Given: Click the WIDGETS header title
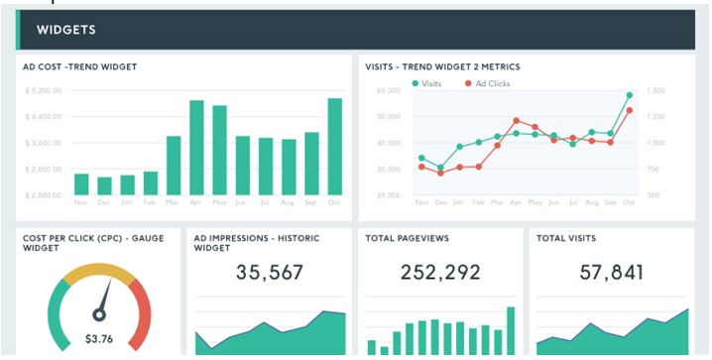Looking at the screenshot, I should coord(65,30).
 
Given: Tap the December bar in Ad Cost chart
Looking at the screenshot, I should coord(104,185).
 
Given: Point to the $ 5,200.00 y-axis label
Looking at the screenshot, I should coord(44,90).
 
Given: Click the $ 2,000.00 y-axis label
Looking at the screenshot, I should coord(44,195).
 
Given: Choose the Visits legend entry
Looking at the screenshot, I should coord(426,83).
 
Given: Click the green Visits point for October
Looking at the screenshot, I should coord(629,96).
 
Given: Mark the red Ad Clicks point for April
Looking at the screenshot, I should coord(516,121).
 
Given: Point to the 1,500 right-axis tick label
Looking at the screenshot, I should coord(655,90).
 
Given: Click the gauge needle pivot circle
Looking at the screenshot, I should coord(98,315).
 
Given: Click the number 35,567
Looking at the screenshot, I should coord(270,273).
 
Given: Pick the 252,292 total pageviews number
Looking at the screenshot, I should coord(439,273).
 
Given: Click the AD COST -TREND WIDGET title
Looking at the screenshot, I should coord(80,66).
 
